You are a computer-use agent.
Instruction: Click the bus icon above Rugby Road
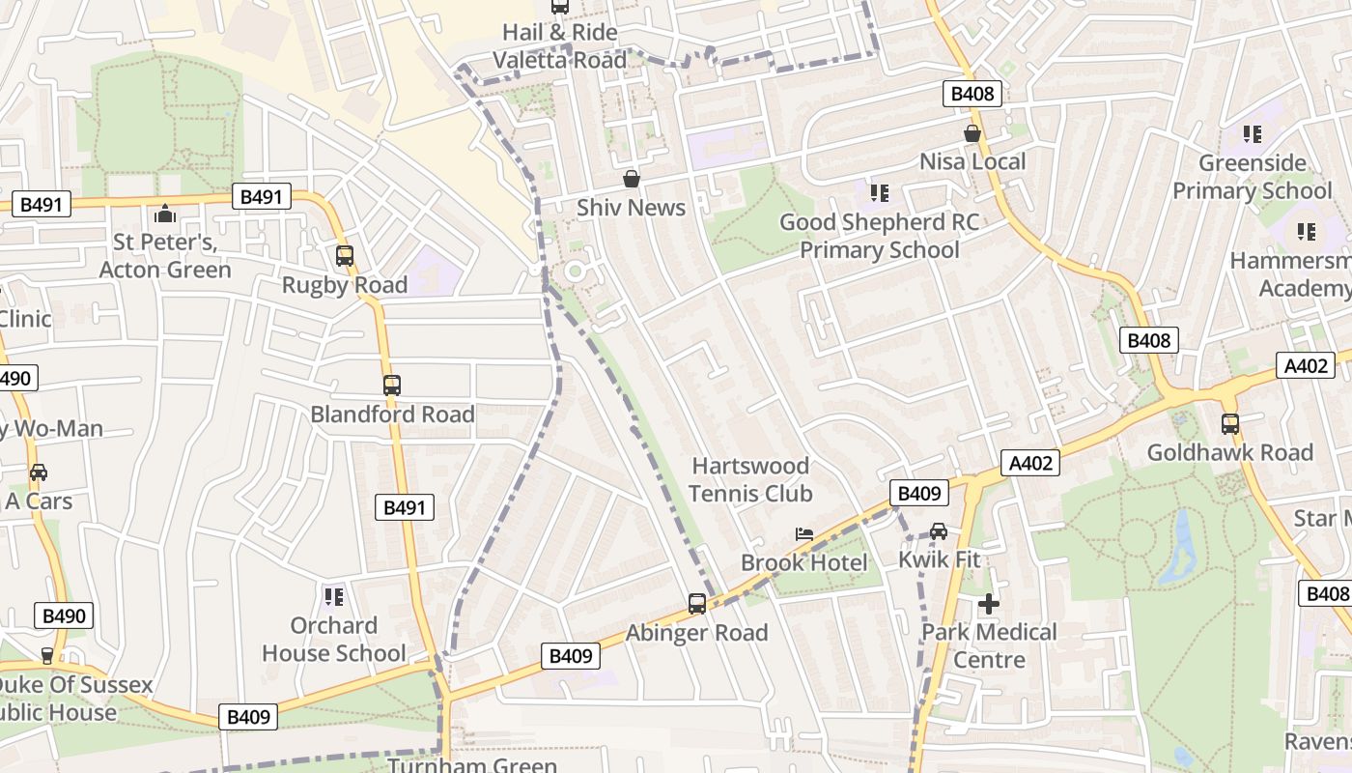[345, 256]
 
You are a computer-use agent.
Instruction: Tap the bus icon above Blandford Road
[391, 386]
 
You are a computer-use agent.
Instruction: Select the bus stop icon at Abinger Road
[697, 604]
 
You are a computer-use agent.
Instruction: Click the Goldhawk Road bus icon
[1229, 423]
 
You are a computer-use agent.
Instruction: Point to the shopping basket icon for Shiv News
[631, 179]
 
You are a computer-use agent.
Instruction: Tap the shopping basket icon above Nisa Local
[972, 133]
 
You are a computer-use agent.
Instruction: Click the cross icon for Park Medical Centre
[988, 604]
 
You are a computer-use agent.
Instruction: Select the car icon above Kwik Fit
[939, 530]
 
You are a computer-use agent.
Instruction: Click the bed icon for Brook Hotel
[803, 533]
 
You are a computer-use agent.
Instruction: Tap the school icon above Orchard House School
[334, 596]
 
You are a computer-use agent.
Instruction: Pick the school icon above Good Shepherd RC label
[879, 193]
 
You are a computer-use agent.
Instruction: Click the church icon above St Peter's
[165, 213]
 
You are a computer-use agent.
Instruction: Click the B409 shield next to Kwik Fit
[918, 494]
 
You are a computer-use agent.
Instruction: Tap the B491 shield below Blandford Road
[405, 507]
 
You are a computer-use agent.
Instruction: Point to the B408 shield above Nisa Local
[972, 94]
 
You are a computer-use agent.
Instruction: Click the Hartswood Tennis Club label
[750, 479]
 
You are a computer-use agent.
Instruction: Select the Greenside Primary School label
[1252, 176]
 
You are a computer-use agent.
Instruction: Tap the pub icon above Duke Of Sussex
[46, 656]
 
